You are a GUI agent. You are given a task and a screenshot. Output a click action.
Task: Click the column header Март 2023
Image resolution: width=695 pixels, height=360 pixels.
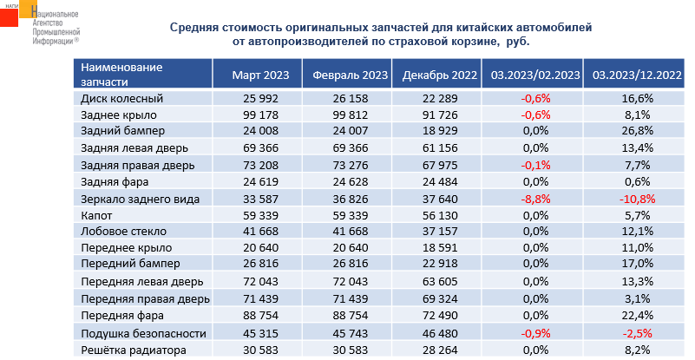pos(255,75)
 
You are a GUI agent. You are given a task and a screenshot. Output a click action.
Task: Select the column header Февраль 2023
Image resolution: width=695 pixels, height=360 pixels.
pos(350,75)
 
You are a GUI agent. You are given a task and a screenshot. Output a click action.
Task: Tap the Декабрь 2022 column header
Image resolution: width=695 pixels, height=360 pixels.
pos(441,75)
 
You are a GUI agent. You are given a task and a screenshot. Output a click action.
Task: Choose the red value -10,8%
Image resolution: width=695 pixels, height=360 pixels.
pos(636,199)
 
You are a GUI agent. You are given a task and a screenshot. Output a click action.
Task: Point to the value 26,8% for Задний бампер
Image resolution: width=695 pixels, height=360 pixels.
pos(636,132)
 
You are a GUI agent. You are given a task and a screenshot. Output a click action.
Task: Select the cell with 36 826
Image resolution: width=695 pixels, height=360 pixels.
pos(350,199)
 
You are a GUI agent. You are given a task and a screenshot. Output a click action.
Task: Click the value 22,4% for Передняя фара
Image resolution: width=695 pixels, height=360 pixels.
pos(636,316)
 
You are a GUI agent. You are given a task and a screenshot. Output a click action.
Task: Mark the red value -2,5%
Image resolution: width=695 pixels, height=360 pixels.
pos(636,333)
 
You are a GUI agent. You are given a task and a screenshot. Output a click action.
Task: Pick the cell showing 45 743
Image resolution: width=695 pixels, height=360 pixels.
pos(350,333)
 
